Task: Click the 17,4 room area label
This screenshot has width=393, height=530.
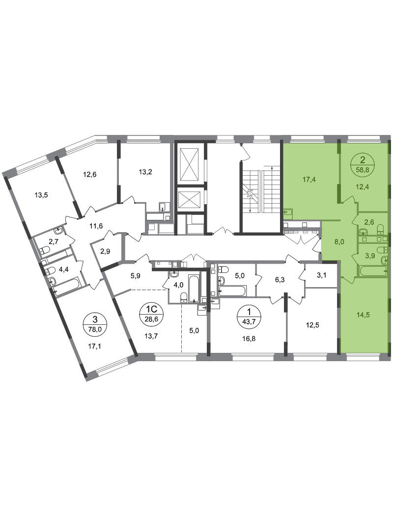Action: point(309,180)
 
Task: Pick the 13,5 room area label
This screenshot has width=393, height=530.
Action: point(41,195)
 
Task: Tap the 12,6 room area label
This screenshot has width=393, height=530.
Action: point(90,175)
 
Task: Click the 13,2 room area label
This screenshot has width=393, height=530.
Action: point(145,172)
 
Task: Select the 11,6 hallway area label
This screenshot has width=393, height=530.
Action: point(96,226)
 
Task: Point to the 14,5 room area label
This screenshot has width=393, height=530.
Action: point(363,315)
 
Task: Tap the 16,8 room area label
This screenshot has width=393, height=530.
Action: point(249,339)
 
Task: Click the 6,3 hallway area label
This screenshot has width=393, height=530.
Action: point(281,280)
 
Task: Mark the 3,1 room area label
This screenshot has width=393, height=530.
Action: point(322,276)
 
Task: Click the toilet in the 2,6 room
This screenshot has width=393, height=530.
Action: point(380,229)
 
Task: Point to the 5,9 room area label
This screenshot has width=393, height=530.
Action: point(135,275)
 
